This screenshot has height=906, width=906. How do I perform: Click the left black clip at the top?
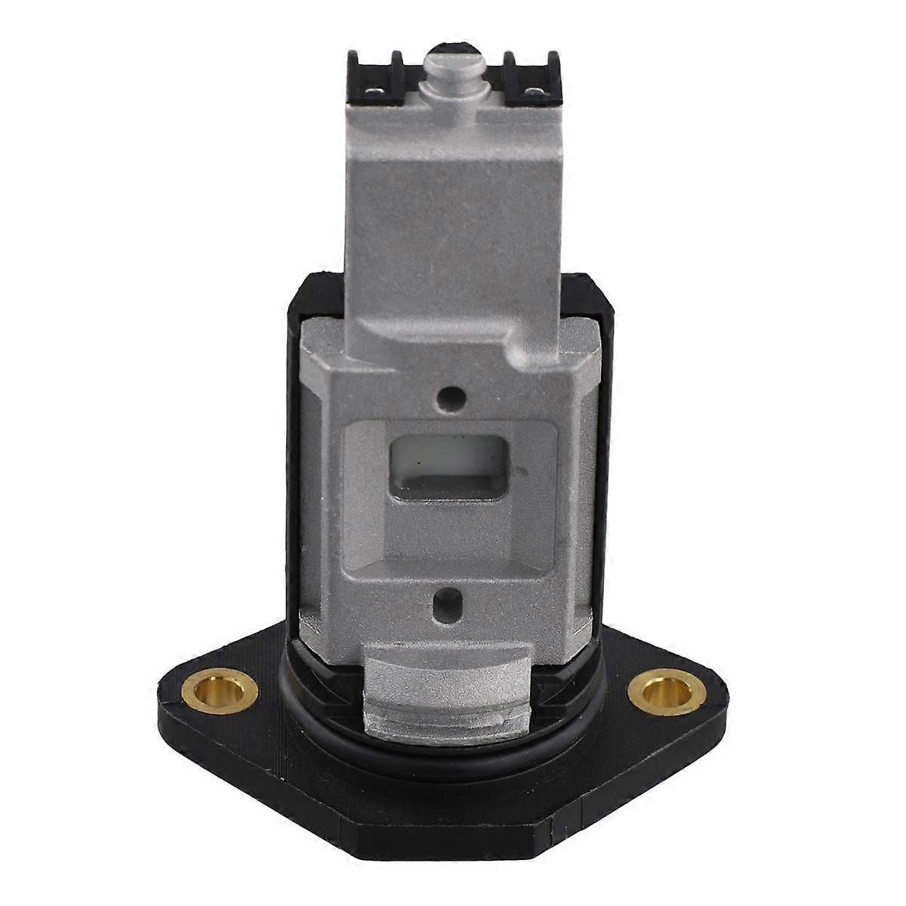click(x=369, y=75)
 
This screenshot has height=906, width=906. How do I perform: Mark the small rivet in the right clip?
click(x=535, y=93)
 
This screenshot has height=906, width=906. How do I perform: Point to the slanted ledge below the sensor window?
click(x=451, y=551)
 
